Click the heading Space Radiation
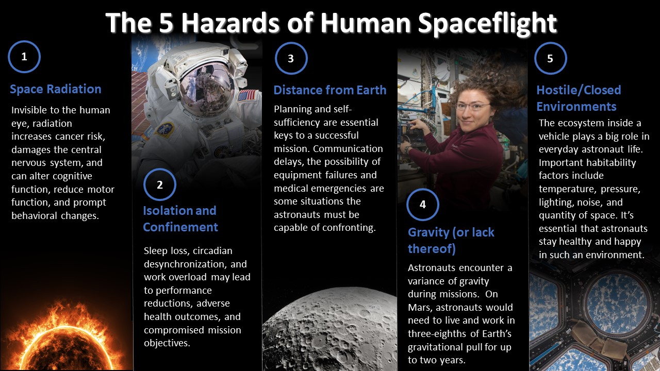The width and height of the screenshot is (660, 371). [x=55, y=89]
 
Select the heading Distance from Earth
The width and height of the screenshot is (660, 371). [x=329, y=90]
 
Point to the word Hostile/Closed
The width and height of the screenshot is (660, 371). [x=579, y=90]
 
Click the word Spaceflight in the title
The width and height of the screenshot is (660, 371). [x=488, y=24]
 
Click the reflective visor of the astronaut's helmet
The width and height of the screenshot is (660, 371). [x=206, y=88]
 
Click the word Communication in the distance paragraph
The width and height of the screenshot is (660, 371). [x=348, y=149]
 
